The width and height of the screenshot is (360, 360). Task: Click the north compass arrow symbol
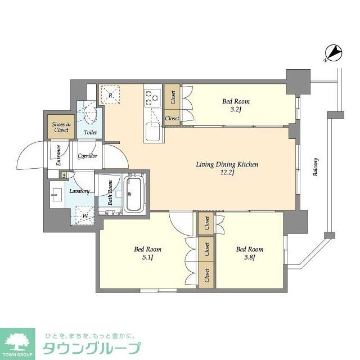(x=333, y=53)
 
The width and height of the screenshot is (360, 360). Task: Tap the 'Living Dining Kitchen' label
(x=227, y=165)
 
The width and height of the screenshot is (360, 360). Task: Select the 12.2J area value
(x=227, y=173)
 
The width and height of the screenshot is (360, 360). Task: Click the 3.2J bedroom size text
(x=236, y=110)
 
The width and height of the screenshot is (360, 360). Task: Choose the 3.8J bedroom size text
(x=250, y=258)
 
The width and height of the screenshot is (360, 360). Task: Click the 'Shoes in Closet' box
(x=61, y=127)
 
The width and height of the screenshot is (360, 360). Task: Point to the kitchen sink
(x=152, y=133)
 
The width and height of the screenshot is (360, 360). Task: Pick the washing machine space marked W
(x=84, y=214)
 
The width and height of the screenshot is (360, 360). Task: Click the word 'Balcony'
(x=316, y=166)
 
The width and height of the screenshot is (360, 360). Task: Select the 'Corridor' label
(x=88, y=156)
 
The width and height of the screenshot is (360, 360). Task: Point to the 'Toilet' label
(x=90, y=133)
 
